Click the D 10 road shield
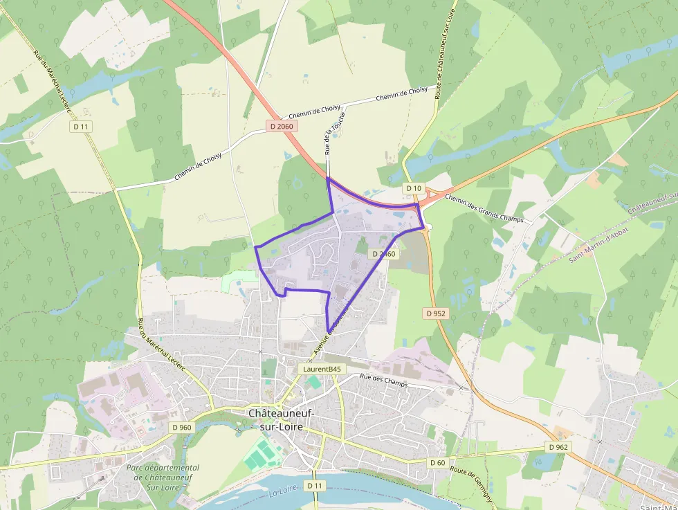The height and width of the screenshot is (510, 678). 414,188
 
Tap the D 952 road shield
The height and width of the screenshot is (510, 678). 436,313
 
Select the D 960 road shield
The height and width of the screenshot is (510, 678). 181,427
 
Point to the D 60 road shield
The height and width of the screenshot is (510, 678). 437,462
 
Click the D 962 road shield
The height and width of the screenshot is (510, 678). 559,447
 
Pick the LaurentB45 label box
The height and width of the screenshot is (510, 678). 322,370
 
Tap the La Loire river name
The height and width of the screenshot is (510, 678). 282,493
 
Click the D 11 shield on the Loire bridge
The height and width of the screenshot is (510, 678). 315,486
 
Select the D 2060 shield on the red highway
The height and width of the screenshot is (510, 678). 282,126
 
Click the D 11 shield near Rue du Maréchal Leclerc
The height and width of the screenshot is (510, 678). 82,126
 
